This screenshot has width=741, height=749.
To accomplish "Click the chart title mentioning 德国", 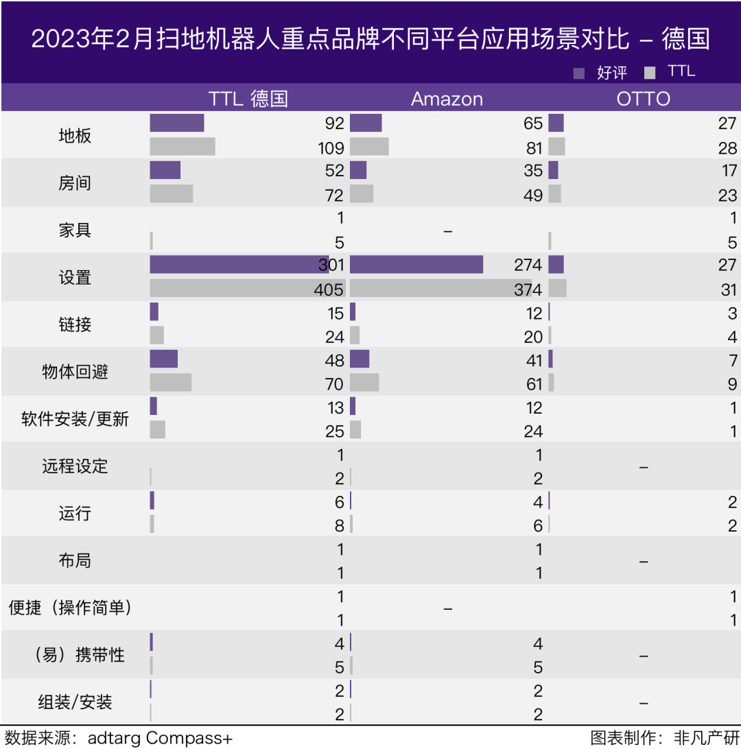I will tap(370, 38).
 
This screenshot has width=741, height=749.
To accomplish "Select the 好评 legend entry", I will tap(602, 73).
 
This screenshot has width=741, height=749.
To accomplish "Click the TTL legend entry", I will tap(671, 72).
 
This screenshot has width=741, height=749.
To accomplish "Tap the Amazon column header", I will tap(447, 99).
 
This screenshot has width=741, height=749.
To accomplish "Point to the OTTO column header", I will tap(643, 99).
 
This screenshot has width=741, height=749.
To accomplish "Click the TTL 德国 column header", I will tap(248, 99).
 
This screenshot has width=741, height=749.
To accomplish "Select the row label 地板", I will tap(75, 136).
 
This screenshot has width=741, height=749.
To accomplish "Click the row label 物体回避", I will tap(75, 372).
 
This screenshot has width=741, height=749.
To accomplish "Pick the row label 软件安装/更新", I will tap(75, 419).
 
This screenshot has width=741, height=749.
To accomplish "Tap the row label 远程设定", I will tap(75, 466).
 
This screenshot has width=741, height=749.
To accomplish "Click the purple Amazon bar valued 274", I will tap(416, 265).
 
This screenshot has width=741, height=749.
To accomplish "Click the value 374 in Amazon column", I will tap(528, 289).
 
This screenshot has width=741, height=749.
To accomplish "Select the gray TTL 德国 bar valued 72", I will tap(172, 194).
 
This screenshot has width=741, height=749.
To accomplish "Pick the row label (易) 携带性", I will tap(79, 655).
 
